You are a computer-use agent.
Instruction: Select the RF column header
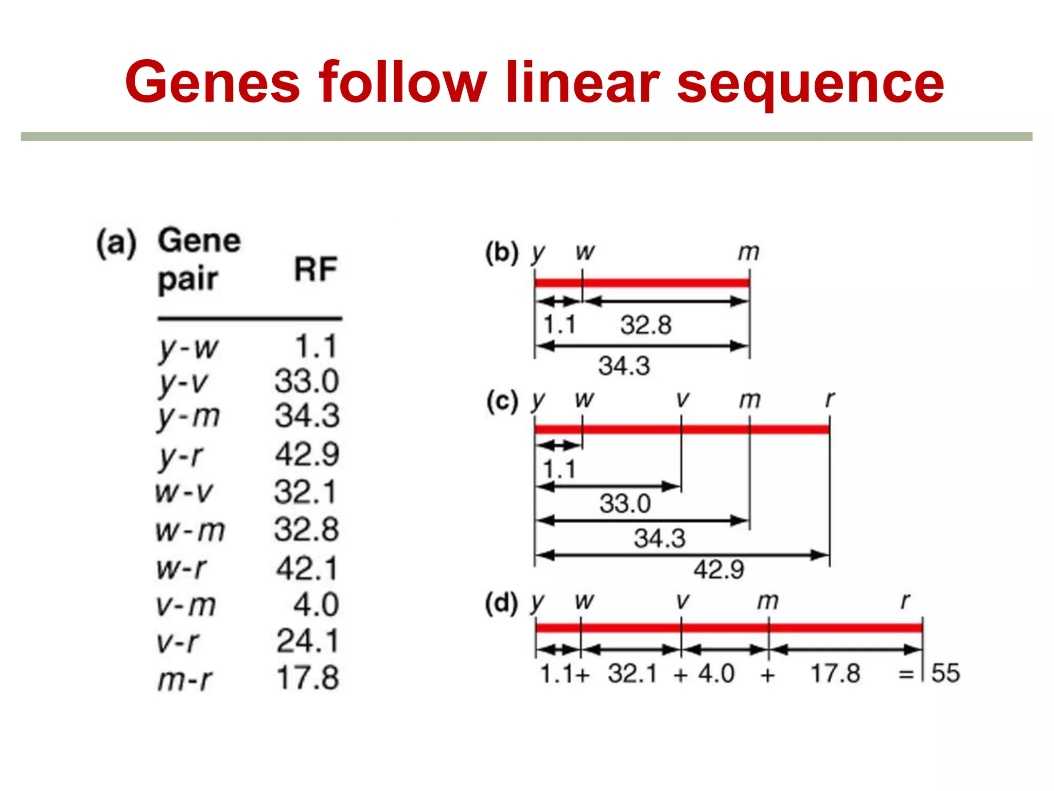(x=315, y=269)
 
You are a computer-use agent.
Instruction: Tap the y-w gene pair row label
(x=188, y=348)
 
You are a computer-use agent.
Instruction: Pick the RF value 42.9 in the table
(x=307, y=454)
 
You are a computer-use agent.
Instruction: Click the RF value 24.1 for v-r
(x=307, y=641)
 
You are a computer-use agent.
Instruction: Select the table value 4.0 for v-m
(x=315, y=605)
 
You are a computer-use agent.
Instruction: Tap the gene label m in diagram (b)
(x=748, y=252)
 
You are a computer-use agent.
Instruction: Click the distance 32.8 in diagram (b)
(x=646, y=325)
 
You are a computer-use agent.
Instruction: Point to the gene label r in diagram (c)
(x=829, y=399)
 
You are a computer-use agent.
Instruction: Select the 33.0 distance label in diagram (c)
(x=625, y=503)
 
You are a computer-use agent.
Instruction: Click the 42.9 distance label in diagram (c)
(x=718, y=570)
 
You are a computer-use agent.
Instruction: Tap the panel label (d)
(x=502, y=603)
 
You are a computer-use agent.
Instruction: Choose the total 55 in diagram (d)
(x=945, y=673)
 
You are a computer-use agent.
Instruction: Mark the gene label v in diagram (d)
(x=682, y=601)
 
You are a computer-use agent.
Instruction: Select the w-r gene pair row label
(x=181, y=569)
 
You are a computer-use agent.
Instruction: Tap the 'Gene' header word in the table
(x=199, y=240)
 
